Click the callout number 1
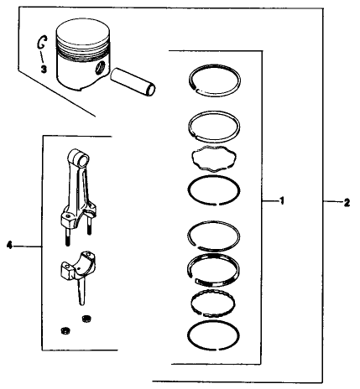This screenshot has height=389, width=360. point(283,201)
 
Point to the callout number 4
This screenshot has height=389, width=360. point(9,246)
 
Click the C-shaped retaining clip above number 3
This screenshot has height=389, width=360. point(39,43)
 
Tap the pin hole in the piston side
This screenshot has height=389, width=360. point(101,67)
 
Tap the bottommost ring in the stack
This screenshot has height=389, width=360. point(219,335)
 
